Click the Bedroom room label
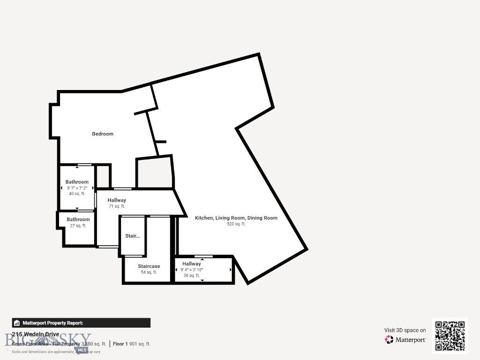(x=102, y=134)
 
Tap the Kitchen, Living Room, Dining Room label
(x=236, y=218)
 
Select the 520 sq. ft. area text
(x=236, y=224)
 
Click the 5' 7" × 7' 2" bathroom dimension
(x=77, y=188)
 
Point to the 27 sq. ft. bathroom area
(x=78, y=226)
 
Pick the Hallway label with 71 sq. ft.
(x=117, y=200)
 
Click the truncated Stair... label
(x=132, y=236)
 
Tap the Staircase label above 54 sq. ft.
(x=149, y=266)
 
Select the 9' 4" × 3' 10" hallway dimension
(x=192, y=270)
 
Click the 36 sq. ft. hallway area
(x=192, y=276)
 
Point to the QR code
(x=450, y=336)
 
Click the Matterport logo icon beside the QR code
(x=389, y=340)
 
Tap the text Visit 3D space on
(x=405, y=330)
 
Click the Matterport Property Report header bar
(x=81, y=323)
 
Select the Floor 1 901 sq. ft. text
(x=132, y=344)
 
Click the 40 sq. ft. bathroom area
(x=77, y=194)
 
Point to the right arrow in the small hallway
(x=230, y=270)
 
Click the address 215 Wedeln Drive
(x=36, y=334)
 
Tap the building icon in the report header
(x=17, y=323)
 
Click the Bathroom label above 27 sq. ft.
(x=78, y=219)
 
